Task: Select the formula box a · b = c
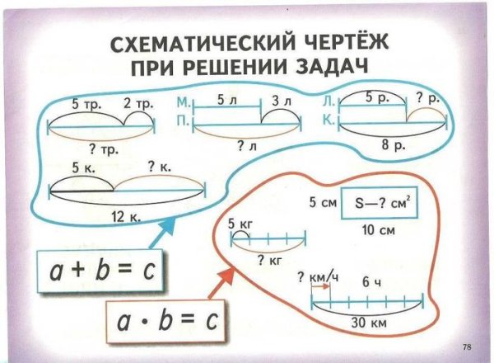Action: coord(168,321)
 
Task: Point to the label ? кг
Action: coord(269,261)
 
